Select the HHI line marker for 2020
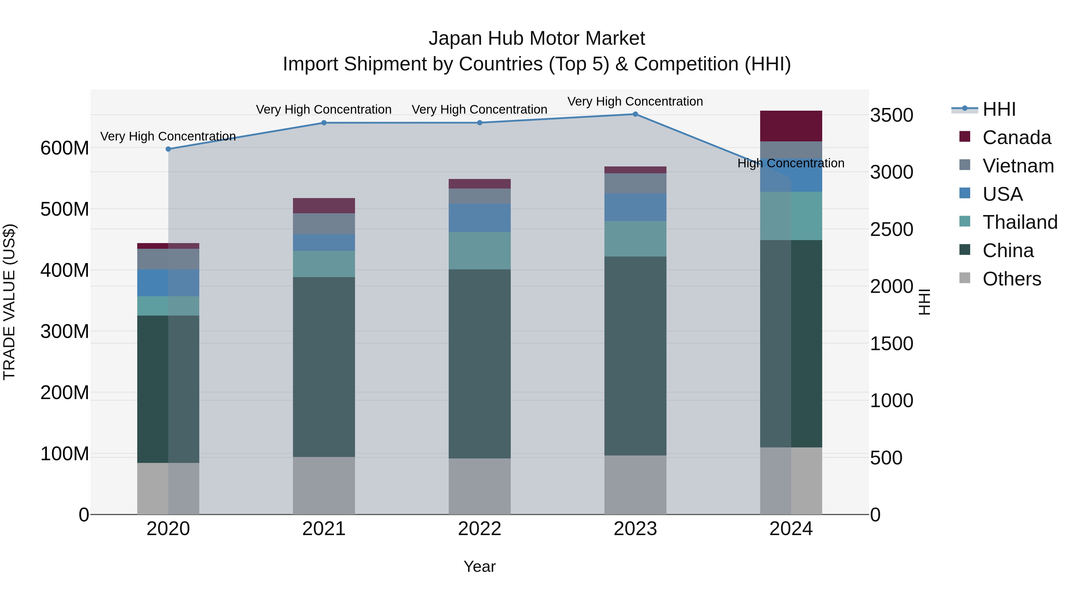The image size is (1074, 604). [x=169, y=149]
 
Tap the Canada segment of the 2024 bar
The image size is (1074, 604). [x=791, y=126]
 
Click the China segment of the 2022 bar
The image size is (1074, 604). [x=479, y=364]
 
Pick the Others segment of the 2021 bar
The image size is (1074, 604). [x=324, y=485]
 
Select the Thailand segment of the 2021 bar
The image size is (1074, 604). [x=324, y=264]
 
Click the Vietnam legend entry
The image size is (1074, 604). [x=1018, y=166]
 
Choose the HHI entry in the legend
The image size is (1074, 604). [x=999, y=109]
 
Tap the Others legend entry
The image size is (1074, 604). [x=1011, y=279]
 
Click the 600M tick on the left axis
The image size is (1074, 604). [x=65, y=148]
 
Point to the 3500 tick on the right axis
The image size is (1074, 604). [x=891, y=115]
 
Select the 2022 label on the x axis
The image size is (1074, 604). [x=479, y=529]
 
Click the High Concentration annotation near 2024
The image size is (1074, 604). [x=791, y=163]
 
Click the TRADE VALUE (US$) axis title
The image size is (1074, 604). [x=10, y=302]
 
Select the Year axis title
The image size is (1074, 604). [x=479, y=566]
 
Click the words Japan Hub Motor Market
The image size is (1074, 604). [x=537, y=38]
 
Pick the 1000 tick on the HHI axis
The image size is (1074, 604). [x=891, y=401]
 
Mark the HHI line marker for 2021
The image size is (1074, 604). [x=324, y=123]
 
